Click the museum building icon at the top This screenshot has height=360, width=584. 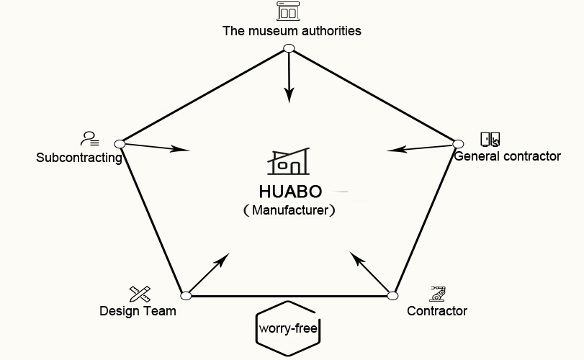pyautogui.click(x=288, y=12)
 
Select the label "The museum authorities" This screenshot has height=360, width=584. pyautogui.click(x=292, y=31)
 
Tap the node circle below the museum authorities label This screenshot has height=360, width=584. pyautogui.click(x=289, y=48)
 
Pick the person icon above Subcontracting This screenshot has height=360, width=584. pyautogui.click(x=90, y=138)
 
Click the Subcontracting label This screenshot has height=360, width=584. pyautogui.click(x=79, y=158)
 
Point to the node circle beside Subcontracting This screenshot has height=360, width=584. pyautogui.click(x=120, y=144)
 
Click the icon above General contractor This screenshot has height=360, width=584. pyautogui.click(x=490, y=139)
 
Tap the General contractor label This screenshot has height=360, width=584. pyautogui.click(x=507, y=156)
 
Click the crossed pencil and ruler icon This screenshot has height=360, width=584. pyautogui.click(x=140, y=294)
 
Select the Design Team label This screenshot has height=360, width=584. pyautogui.click(x=138, y=311)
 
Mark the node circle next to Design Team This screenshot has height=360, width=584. pyautogui.click(x=186, y=296)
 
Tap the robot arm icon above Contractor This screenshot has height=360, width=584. pyautogui.click(x=437, y=293)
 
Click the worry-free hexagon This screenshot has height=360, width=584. pyautogui.click(x=288, y=330)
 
